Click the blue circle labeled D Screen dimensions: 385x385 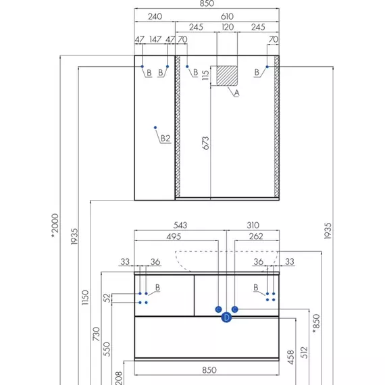pyautogui.click(x=226, y=317)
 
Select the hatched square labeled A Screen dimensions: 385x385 pyautogui.click(x=227, y=76)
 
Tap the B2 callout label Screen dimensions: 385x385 pyautogui.click(x=165, y=138)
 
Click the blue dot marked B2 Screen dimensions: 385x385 pyautogui.click(x=155, y=128)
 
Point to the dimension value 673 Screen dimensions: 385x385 pyautogui.click(x=206, y=143)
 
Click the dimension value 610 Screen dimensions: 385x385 pyautogui.click(x=227, y=16)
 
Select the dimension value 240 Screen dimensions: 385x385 pyautogui.click(x=155, y=16)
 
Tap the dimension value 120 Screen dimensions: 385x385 pyautogui.click(x=228, y=27)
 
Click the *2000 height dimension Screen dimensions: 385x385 pyautogui.click(x=55, y=226)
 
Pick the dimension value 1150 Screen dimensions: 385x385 pyautogui.click(x=85, y=297)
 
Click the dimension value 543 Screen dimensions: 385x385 pyautogui.click(x=180, y=225)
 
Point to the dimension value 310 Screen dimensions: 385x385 pyautogui.click(x=253, y=225)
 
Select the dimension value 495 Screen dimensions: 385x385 pyautogui.click(x=174, y=236)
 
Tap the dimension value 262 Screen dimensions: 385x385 pyautogui.click(x=256, y=236)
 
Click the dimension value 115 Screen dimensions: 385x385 pyautogui.click(x=205, y=75)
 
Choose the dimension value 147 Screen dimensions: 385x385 pyautogui.click(x=155, y=39)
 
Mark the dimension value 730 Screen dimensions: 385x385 pyautogui.click(x=96, y=334)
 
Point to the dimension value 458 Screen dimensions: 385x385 pyautogui.click(x=290, y=357)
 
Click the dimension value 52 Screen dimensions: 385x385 pyautogui.click(x=107, y=298)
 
